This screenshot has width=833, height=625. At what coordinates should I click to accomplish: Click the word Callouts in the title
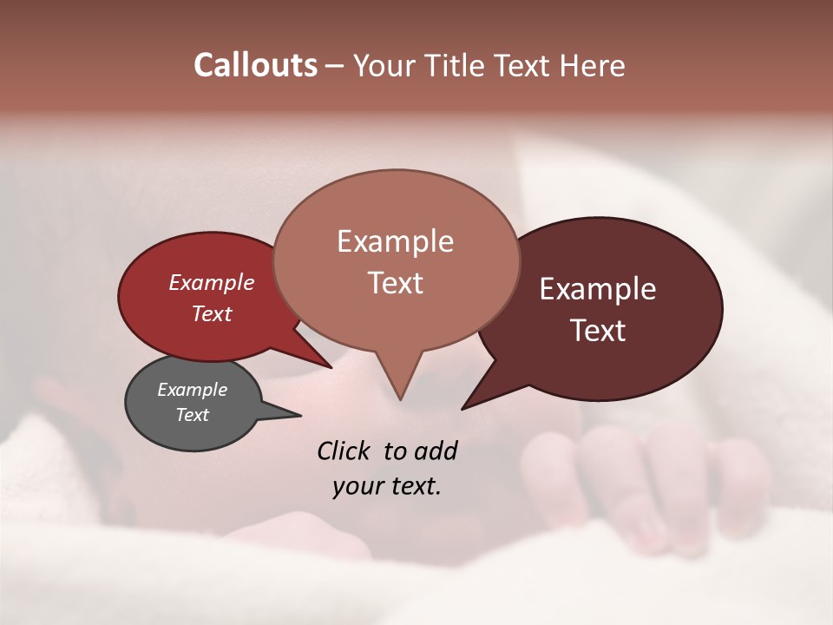255,65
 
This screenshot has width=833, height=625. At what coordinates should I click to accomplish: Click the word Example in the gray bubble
193,390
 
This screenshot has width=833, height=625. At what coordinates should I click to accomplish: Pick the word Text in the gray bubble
193,415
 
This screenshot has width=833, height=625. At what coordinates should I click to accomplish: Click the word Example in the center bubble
395,241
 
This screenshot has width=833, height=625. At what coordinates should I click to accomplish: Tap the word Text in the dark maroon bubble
599,331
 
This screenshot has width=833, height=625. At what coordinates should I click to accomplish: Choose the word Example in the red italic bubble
212,282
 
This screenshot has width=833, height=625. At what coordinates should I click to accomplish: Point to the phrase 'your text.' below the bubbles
387,486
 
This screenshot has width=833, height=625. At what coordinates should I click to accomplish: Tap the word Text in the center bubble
395,283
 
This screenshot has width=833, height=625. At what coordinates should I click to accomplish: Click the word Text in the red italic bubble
212,313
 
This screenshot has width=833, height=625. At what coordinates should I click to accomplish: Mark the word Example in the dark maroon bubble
598,289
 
